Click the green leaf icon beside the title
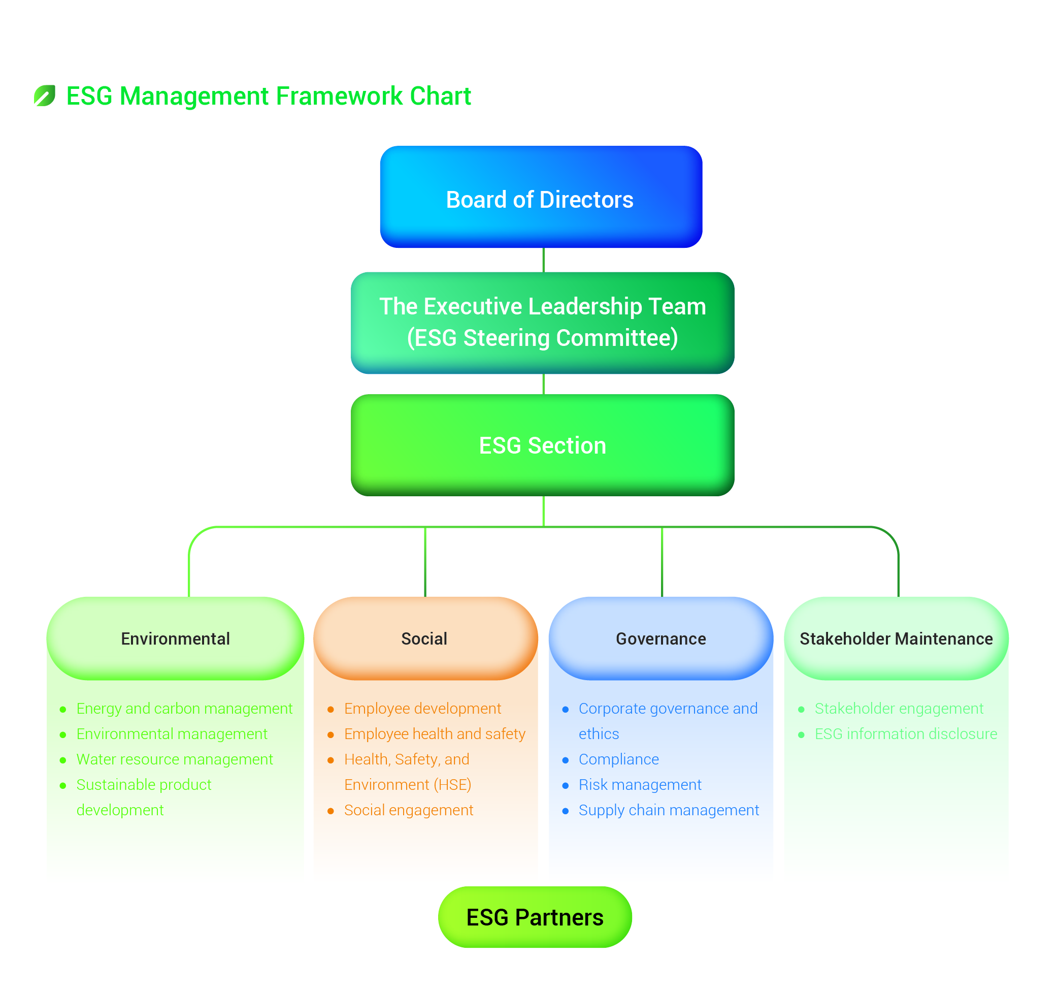click(x=45, y=96)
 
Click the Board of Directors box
click(x=541, y=197)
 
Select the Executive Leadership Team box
click(x=542, y=323)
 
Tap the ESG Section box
click(x=542, y=445)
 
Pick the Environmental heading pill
click(x=175, y=638)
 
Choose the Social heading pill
click(x=425, y=638)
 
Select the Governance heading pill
click(x=660, y=638)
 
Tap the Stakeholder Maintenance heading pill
click(x=896, y=638)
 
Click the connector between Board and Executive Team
click(x=543, y=260)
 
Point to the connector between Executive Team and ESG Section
click(x=543, y=384)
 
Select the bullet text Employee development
click(x=422, y=709)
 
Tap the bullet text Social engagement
click(x=408, y=810)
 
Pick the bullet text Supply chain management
click(x=668, y=810)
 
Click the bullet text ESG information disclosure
click(x=906, y=733)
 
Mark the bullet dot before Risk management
click(x=565, y=785)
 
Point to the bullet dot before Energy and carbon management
click(x=63, y=709)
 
